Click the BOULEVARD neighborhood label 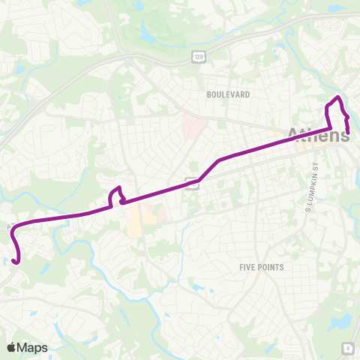point(228,95)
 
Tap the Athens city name point(318,136)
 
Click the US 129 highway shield point(198,56)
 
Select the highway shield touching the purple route point(193,182)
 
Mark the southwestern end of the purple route point(15,261)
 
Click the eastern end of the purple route point(348,133)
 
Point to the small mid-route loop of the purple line point(116,196)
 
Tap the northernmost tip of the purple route point(338,98)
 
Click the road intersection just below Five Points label point(255,281)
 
